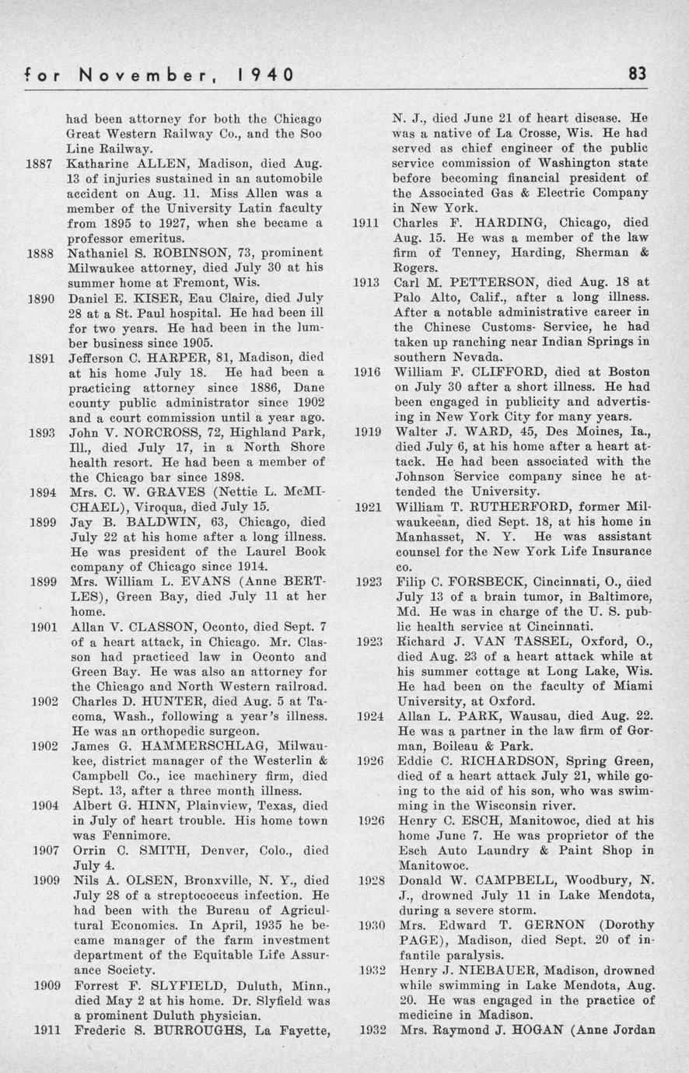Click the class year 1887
point(39,164)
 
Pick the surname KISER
point(163,298)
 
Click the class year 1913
point(366,282)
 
